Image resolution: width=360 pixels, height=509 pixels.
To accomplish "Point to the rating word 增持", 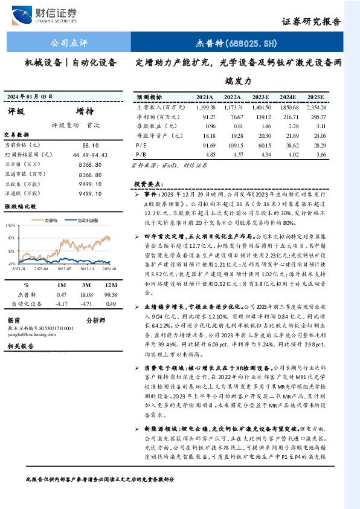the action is click(x=84, y=112).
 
